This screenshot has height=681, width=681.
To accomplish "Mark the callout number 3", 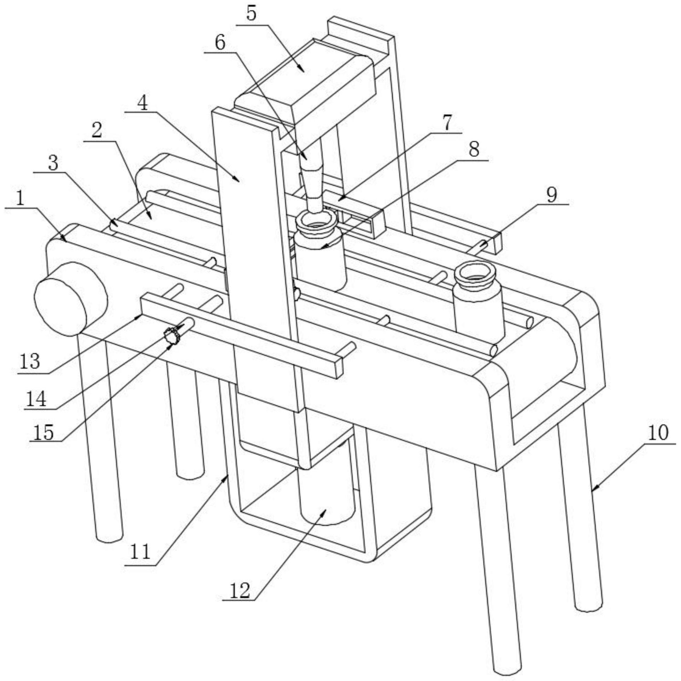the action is [x=53, y=163].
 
